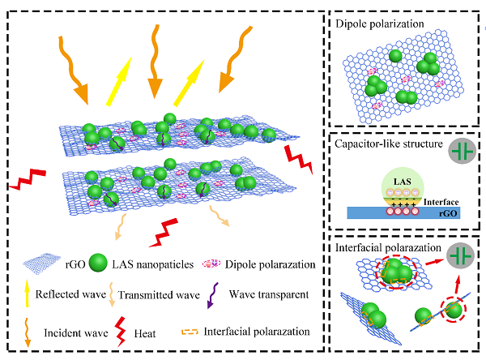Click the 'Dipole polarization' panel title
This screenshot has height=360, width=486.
click(x=380, y=24)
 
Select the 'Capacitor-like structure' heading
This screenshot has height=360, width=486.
click(x=386, y=146)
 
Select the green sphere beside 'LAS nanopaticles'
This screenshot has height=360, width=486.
click(x=98, y=265)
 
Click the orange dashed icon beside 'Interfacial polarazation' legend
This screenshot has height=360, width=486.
click(x=188, y=332)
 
